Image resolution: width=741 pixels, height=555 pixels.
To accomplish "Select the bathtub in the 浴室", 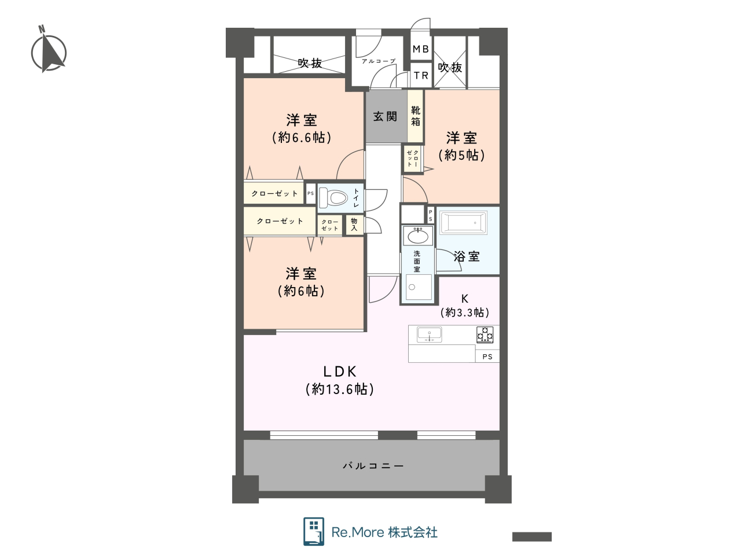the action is (x=464, y=222).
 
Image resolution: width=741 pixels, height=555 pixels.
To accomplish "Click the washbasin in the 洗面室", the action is (x=418, y=236).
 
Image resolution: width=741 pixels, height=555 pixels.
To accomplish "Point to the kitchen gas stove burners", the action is (x=485, y=335).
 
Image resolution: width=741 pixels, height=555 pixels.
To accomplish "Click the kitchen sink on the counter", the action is (x=430, y=334).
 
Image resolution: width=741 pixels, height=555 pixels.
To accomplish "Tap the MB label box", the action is (x=421, y=49).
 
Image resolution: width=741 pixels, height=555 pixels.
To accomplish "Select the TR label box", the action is (x=421, y=75).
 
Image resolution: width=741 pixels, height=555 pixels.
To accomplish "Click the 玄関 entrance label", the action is (x=385, y=116).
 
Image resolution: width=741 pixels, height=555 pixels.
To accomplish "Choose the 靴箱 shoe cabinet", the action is (x=415, y=116).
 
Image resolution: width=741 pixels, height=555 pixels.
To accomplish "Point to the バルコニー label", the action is (x=373, y=466).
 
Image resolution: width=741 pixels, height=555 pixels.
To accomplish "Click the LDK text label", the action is (x=340, y=372).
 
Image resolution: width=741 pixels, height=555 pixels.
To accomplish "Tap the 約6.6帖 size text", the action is (x=302, y=137).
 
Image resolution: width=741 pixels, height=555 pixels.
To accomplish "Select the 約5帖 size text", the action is (x=461, y=155).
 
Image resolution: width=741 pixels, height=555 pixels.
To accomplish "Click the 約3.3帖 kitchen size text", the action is (x=465, y=313).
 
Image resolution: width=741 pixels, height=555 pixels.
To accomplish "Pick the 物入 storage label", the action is (x=354, y=225).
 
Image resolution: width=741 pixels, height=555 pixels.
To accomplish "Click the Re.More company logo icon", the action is (x=314, y=531).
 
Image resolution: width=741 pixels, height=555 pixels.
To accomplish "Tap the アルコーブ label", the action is (x=379, y=61).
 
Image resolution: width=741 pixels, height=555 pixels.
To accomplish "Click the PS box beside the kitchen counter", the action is (x=487, y=356).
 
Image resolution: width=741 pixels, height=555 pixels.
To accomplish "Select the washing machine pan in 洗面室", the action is (x=419, y=287).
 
